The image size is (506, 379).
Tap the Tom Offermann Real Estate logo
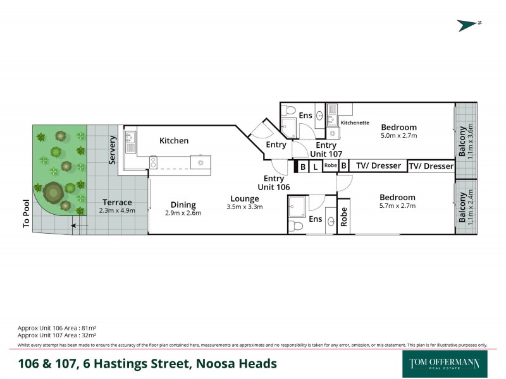coord(445,363)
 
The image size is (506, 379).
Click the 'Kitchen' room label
coord(173,140)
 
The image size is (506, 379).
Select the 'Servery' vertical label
coord(113,150)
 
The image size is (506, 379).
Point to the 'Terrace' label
coord(117,202)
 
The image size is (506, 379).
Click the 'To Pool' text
coord(26,215)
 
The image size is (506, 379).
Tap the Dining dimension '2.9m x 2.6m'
coord(183,214)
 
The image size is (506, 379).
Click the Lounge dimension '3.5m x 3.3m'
coord(244,207)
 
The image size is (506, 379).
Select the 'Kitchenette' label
coord(355,123)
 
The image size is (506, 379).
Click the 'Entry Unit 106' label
coord(274,183)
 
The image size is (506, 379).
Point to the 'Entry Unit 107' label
coord(326,150)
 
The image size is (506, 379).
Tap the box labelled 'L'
coord(315,167)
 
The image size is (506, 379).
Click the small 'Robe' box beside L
coord(330,165)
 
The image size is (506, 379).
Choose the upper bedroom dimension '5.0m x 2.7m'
coord(398,135)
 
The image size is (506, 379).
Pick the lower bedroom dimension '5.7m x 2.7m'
coord(397,206)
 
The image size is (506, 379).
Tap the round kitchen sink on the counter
coord(201,162)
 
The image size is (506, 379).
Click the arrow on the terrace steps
coord(79,225)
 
